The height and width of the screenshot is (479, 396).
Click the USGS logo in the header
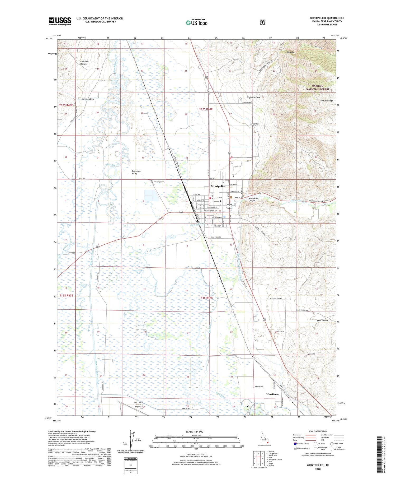pos(60,21)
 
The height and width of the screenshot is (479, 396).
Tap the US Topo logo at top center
pos(196,22)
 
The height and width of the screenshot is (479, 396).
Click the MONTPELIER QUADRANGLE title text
pos(327,18)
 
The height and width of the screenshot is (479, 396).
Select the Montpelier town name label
pos(218,186)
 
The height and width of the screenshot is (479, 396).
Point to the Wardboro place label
pos(272,394)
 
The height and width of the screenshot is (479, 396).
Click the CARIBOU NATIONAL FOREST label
pos(317,88)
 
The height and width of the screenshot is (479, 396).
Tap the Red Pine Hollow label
pos(84,63)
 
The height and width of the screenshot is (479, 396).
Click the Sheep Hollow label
pos(88,99)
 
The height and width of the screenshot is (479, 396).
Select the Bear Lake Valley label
pos(136,172)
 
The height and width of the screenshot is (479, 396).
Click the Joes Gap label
pos(291,52)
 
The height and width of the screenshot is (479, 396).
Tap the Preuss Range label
pos(327,101)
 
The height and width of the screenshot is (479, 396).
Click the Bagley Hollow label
pos(253,97)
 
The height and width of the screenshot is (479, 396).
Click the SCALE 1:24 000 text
pos(194,432)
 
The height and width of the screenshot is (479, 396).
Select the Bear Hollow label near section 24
pos(323,320)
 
